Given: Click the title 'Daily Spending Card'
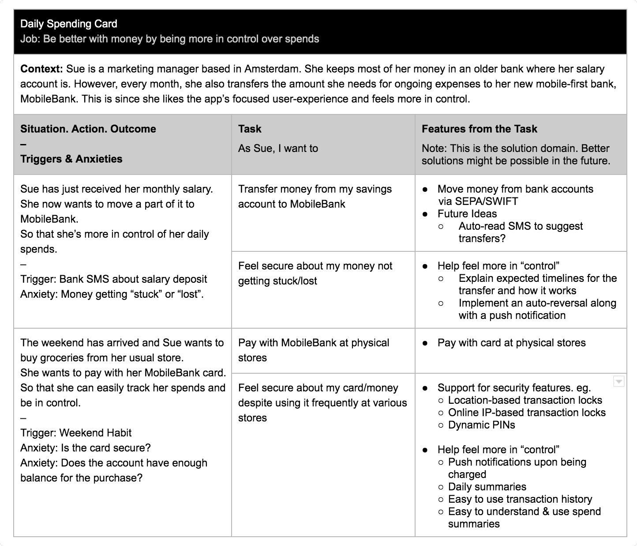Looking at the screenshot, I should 69,24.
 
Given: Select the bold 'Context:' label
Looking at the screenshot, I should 42,69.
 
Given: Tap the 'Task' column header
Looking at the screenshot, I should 250,129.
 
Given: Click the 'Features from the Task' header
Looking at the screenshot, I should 479,129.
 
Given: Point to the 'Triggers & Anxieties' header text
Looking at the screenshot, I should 71,159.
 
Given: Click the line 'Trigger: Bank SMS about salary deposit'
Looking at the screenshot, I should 113,279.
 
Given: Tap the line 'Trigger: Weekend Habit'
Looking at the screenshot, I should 76,433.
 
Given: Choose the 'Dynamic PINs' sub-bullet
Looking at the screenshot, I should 481,425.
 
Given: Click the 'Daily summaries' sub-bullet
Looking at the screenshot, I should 487,487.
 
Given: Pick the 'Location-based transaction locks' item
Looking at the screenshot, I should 525,400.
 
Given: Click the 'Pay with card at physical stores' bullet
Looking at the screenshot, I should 511,343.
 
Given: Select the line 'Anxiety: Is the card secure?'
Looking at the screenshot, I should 86,448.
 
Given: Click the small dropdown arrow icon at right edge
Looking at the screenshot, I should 619,381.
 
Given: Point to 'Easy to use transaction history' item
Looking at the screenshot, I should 520,499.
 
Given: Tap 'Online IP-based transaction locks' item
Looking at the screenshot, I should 527,413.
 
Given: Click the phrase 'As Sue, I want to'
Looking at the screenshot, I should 278,148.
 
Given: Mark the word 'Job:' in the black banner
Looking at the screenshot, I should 30,39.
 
